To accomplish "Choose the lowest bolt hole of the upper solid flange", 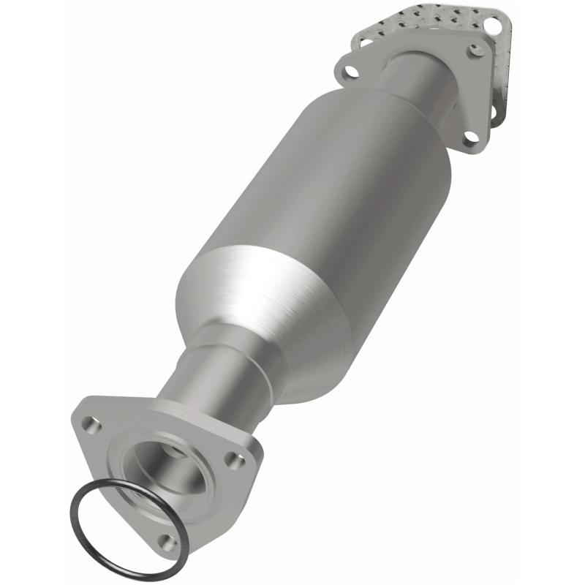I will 472,136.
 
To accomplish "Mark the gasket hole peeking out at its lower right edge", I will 491,113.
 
